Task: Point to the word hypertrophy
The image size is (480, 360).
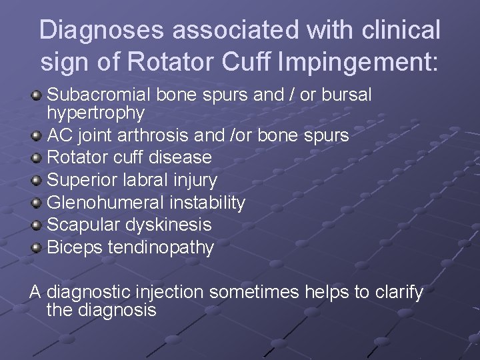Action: [95, 113]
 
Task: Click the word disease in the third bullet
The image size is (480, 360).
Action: [179, 157]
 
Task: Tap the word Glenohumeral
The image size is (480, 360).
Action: [107, 202]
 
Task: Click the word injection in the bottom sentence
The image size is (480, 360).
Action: [173, 292]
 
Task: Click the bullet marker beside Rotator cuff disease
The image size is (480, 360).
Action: [37, 158]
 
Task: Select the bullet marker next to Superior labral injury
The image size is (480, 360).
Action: [37, 180]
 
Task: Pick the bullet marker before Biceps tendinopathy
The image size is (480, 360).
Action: [37, 248]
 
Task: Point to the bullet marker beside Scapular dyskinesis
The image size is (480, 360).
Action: [37, 225]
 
